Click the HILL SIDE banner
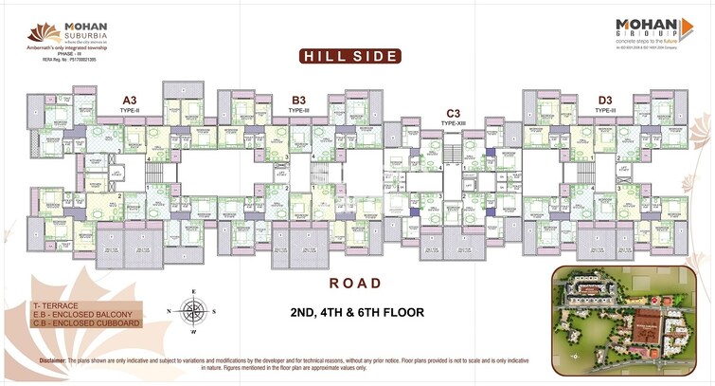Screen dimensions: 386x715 [x=349, y=56]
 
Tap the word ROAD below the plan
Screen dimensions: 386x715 [x=355, y=283]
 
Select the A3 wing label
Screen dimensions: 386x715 [x=130, y=100]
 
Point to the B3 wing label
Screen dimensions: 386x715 [x=299, y=100]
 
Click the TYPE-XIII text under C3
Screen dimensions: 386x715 [x=453, y=122]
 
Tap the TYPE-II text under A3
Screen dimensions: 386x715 [x=130, y=110]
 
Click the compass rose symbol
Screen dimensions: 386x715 [x=195, y=311]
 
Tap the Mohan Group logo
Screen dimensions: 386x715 [x=647, y=32]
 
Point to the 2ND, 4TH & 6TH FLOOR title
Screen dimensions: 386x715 [x=356, y=311]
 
